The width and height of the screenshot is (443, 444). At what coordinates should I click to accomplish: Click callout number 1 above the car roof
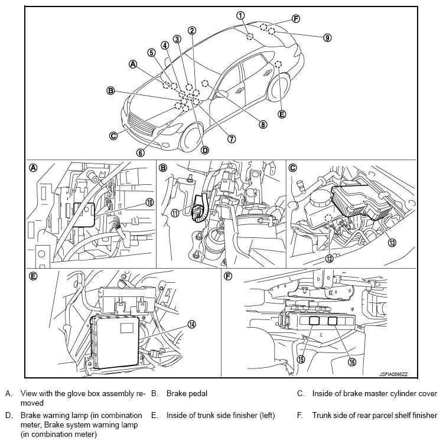240,15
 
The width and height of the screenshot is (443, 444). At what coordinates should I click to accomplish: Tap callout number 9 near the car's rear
327,38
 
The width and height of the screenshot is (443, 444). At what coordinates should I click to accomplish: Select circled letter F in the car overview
296,19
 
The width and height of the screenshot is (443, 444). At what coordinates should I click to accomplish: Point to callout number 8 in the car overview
263,125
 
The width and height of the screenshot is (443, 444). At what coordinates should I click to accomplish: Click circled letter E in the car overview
282,115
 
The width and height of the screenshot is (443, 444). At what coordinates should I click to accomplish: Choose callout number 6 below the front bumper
141,153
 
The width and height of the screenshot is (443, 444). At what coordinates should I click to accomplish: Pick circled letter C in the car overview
113,136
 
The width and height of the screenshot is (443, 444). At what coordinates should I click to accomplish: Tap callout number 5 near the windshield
152,53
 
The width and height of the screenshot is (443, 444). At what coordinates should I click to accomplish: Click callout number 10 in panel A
149,202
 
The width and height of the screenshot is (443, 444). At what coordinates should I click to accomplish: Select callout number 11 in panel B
175,213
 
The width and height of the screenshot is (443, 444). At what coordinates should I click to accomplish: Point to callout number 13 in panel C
392,243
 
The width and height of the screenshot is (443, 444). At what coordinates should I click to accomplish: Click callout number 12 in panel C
329,258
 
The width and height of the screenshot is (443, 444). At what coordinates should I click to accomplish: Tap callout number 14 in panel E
192,325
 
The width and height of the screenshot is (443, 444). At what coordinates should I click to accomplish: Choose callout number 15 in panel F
301,360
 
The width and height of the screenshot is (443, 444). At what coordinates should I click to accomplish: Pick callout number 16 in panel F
352,361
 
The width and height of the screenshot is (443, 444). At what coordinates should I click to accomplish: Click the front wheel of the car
191,139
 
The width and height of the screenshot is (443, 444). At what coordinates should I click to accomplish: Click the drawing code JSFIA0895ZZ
393,374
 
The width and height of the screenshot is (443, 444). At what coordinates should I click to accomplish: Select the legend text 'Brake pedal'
187,394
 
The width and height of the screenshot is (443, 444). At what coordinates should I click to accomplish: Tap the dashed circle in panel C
328,218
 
